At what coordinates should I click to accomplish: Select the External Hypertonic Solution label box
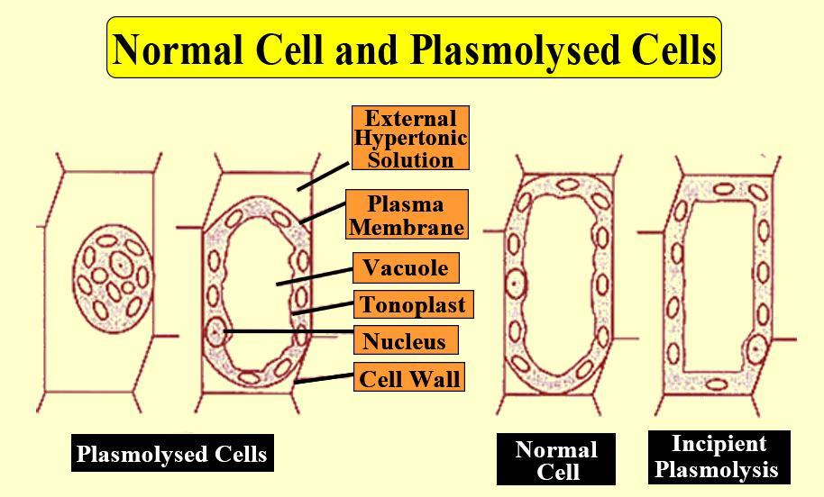pyautogui.click(x=410, y=138)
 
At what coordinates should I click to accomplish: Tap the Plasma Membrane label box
pyautogui.click(x=407, y=214)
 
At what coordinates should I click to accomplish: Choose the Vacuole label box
pyautogui.click(x=406, y=267)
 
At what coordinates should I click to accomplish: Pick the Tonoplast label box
pyautogui.click(x=413, y=304)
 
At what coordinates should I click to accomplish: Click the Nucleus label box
pyautogui.click(x=405, y=340)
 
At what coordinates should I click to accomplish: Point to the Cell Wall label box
pyautogui.click(x=409, y=377)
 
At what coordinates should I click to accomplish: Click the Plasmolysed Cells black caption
pyautogui.click(x=172, y=453)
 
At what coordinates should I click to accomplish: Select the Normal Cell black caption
pyautogui.click(x=556, y=459)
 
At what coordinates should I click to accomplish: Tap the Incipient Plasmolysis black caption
pyautogui.click(x=719, y=456)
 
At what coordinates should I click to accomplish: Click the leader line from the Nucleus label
pyautogui.click(x=288, y=331)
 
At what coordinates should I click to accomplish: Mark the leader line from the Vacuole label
pyautogui.click(x=315, y=276)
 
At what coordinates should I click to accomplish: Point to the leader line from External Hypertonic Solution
pyautogui.click(x=323, y=176)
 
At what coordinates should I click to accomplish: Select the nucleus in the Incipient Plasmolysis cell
pyautogui.click(x=756, y=348)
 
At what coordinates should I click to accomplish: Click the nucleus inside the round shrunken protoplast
pyautogui.click(x=120, y=266)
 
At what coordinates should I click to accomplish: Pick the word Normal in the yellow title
pyautogui.click(x=179, y=50)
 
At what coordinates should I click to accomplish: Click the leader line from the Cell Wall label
pyautogui.click(x=324, y=378)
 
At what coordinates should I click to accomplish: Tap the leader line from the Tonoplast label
pyautogui.click(x=323, y=308)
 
